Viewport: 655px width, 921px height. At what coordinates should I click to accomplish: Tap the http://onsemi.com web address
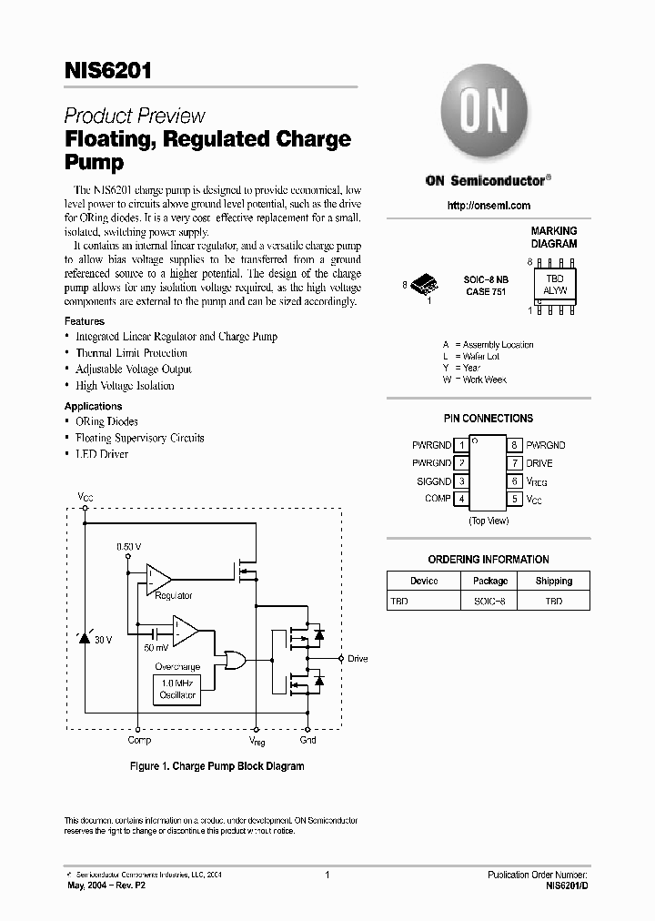point(489,206)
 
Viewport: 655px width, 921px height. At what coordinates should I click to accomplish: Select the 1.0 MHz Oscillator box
point(178,689)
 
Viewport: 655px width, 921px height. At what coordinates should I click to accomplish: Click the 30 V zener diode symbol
point(86,639)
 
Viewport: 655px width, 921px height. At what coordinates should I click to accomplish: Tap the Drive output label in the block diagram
point(358,658)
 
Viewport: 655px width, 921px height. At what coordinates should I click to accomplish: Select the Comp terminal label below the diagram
point(139,741)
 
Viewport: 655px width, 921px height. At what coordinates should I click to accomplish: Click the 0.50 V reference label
point(129,546)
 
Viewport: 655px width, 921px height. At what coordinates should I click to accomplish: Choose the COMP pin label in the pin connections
point(438,499)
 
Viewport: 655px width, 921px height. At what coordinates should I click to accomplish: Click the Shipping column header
point(554,581)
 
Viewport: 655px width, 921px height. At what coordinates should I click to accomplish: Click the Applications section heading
point(93,406)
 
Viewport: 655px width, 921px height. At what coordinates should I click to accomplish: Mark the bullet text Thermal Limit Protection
point(131,353)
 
